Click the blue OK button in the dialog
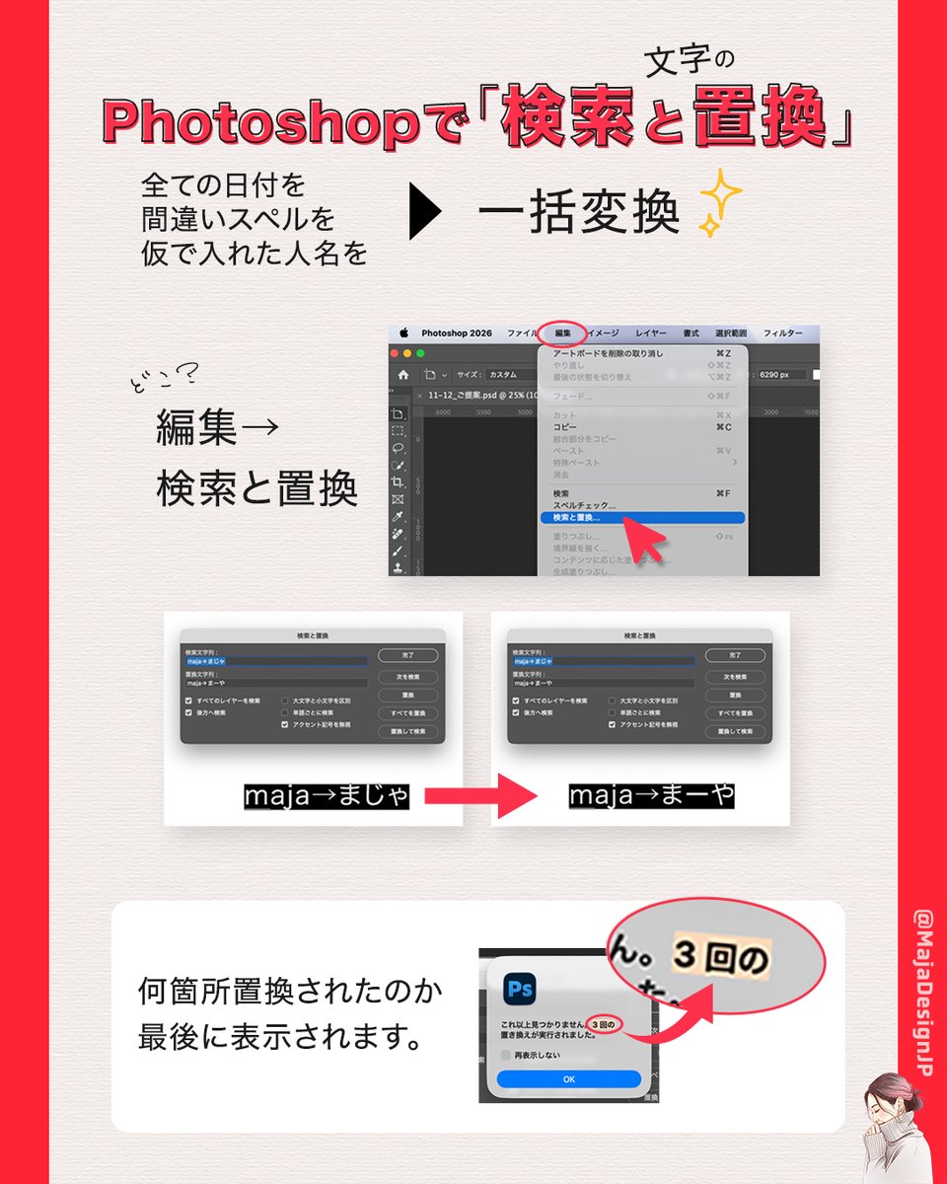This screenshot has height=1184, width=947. tap(568, 1079)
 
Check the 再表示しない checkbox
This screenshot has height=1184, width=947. tap(507, 1055)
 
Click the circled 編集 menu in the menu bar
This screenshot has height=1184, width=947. tap(563, 333)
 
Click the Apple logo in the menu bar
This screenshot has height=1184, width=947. tap(403, 333)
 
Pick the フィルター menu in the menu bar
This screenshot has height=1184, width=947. tap(783, 333)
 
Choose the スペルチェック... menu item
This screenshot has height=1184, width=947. tap(584, 505)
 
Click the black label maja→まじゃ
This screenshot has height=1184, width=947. tap(327, 797)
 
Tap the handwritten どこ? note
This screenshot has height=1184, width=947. tap(164, 377)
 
